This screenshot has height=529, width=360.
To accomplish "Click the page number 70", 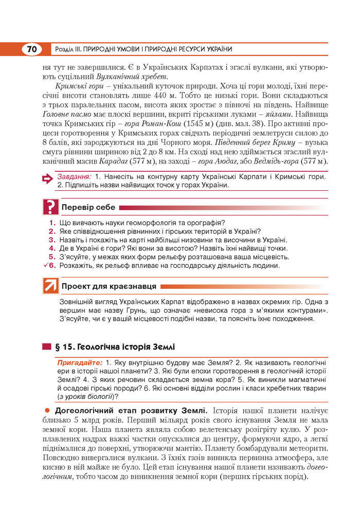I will pyautogui.click(x=32, y=49).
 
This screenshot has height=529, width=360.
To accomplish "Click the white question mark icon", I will pyautogui.click(x=50, y=207).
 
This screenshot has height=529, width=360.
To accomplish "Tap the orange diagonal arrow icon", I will pyautogui.click(x=50, y=286).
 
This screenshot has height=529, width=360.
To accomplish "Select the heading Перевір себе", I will pyautogui.click(x=88, y=208).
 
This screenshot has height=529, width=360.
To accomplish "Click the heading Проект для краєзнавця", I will pyautogui.click(x=110, y=286).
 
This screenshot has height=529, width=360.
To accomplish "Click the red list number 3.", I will pyautogui.click(x=52, y=240).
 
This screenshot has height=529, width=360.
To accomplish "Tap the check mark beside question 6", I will pyautogui.click(x=46, y=265).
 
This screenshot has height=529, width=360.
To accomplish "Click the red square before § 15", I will pyautogui.click(x=47, y=346).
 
